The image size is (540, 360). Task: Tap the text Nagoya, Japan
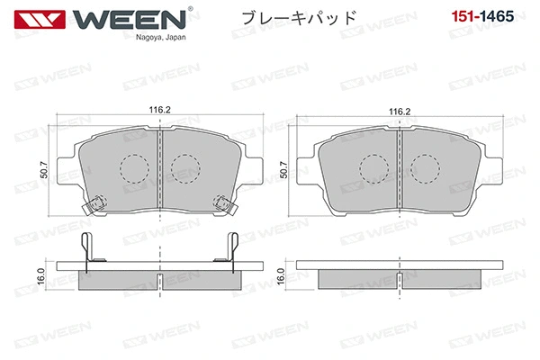point(161,38)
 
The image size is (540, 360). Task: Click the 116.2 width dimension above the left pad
point(160,111)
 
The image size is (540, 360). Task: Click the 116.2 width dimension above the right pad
point(400,111)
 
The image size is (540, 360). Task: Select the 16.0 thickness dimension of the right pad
point(280,275)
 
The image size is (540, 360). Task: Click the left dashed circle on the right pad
point(373,166)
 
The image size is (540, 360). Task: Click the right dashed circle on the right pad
point(424,166)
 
